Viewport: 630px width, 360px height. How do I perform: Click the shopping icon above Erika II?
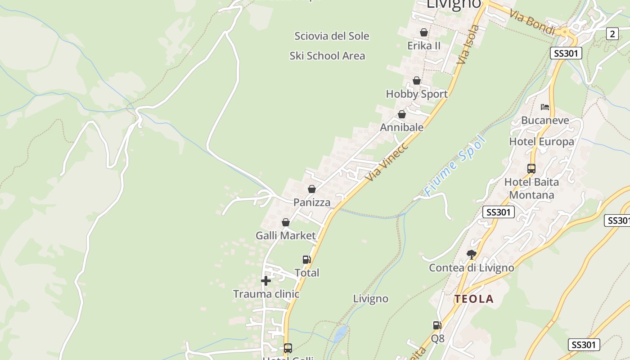click(x=423, y=32)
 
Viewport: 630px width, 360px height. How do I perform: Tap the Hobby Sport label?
click(x=417, y=94)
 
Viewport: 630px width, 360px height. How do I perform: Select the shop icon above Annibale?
click(x=402, y=114)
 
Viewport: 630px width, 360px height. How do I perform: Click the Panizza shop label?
click(x=312, y=202)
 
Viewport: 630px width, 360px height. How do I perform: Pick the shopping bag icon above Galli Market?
click(x=285, y=222)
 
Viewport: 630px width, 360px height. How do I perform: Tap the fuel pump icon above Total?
click(x=306, y=259)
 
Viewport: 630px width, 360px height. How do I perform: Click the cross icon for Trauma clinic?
click(x=266, y=281)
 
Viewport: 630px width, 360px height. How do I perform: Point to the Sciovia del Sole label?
click(x=332, y=36)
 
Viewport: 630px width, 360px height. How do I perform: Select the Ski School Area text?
click(x=327, y=56)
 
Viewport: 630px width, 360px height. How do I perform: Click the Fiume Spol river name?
click(x=455, y=166)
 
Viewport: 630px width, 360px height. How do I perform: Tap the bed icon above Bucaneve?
click(x=545, y=107)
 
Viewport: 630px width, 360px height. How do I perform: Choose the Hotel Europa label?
click(x=541, y=142)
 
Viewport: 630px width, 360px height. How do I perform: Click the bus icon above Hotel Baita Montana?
click(x=531, y=169)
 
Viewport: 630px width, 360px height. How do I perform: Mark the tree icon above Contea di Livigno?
click(x=471, y=255)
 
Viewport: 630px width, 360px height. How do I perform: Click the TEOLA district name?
click(x=474, y=299)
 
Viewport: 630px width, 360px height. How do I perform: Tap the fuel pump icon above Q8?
click(x=437, y=325)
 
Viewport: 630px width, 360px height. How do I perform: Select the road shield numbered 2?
click(x=612, y=34)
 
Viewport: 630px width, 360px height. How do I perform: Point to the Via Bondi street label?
click(x=532, y=21)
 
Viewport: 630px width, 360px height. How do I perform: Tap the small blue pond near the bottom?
click(x=341, y=333)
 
